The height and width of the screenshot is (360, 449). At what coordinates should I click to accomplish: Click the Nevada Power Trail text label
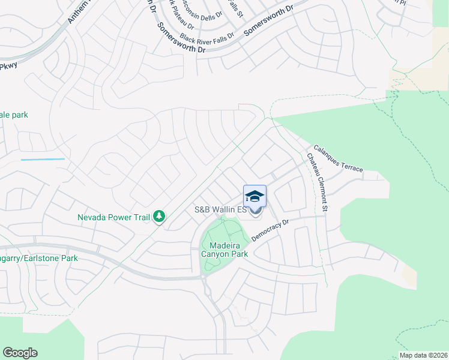113,217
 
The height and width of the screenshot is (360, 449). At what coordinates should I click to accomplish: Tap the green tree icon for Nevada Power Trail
159,216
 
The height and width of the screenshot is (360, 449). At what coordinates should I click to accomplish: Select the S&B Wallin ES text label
220,210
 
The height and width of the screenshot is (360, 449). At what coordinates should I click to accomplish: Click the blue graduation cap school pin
255,196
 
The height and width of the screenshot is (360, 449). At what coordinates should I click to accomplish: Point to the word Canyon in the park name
218,254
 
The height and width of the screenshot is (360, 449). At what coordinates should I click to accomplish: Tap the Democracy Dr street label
270,230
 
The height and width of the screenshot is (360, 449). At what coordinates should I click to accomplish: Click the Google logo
20,353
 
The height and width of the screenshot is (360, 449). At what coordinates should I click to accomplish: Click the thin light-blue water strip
42,159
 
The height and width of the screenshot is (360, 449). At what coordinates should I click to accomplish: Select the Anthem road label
76,12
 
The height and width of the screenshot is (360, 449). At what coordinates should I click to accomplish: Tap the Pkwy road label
8,66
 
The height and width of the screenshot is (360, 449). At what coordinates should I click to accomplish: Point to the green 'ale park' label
14,115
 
